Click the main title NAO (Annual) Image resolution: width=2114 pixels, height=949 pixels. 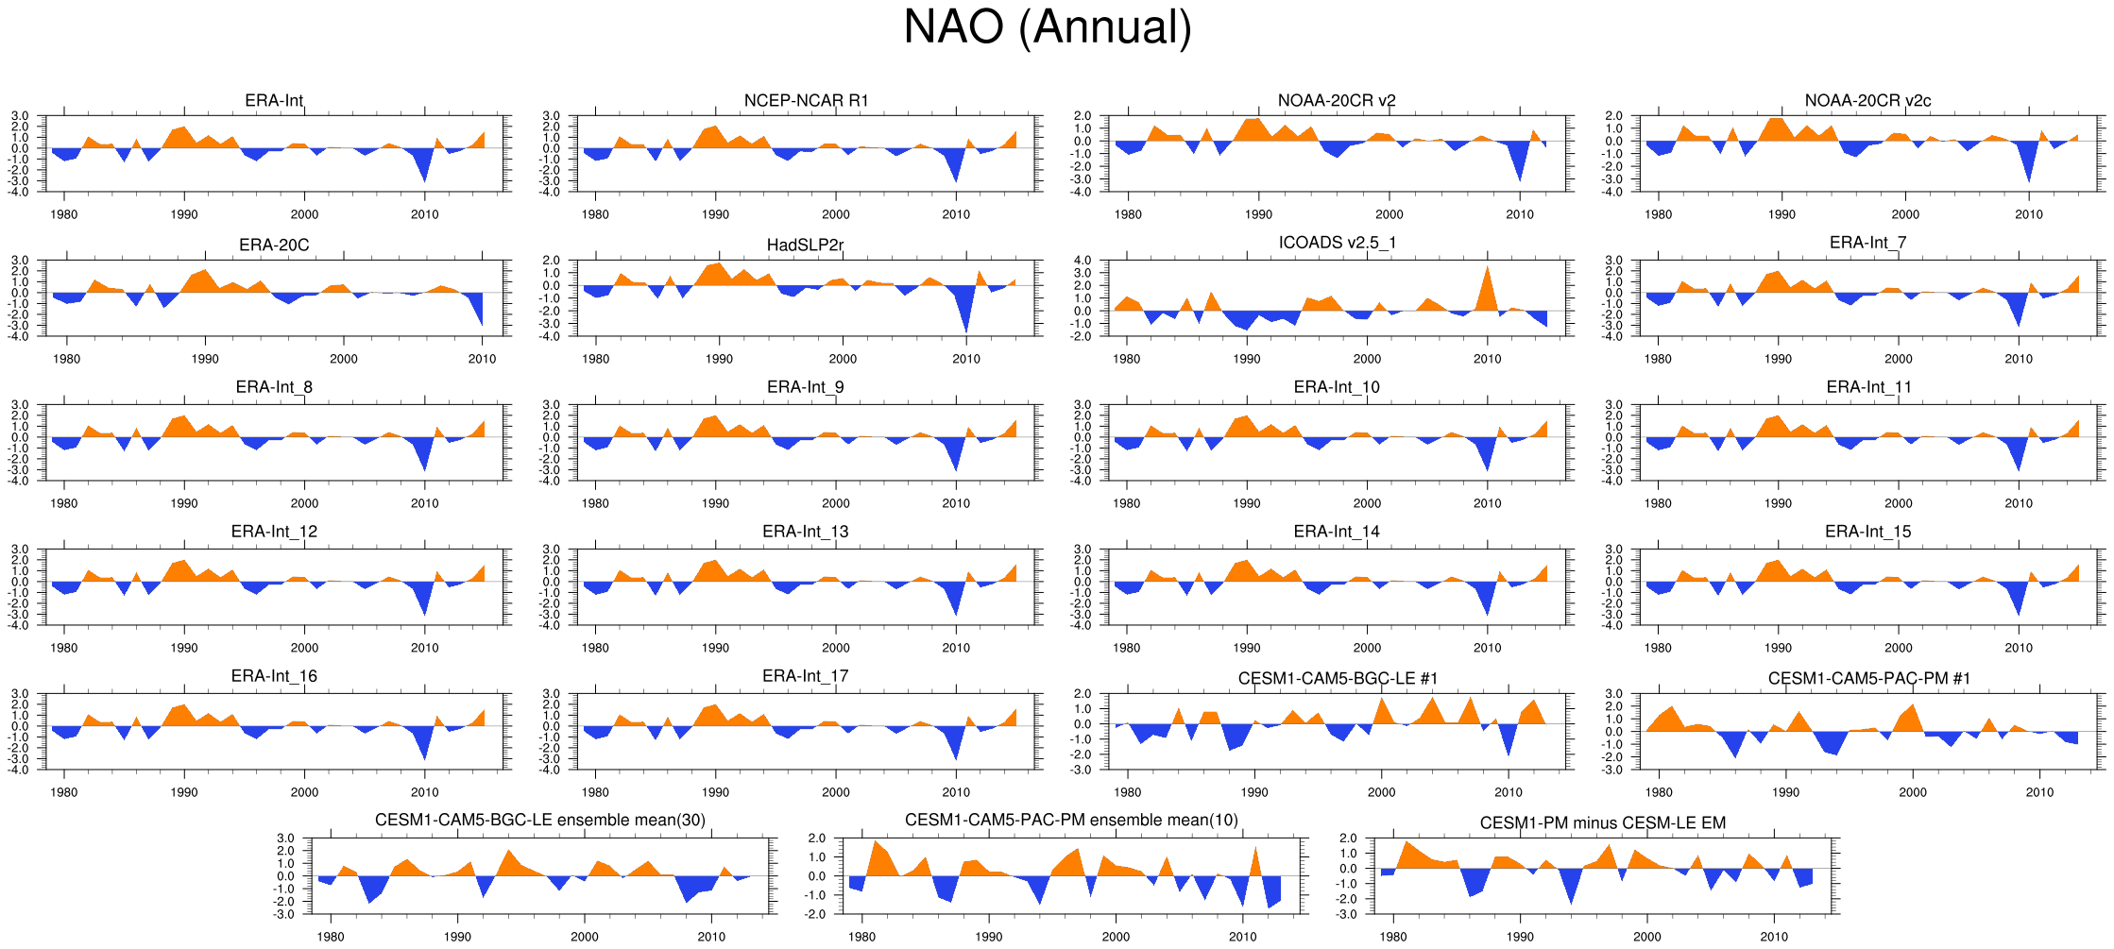coord(1048,26)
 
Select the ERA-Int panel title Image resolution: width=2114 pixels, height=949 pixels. coord(274,101)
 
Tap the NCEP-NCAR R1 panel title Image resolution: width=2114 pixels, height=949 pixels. coord(806,101)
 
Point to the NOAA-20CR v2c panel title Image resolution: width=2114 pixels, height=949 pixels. coord(1867,101)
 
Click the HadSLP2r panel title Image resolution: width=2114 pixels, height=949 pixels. coord(805,246)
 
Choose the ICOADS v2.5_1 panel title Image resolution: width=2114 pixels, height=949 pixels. coord(1337,243)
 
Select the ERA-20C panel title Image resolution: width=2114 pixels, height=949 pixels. coord(274,246)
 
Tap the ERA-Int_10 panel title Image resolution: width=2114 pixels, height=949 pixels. coord(1337,387)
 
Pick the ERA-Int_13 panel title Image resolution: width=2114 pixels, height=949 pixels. coord(806,532)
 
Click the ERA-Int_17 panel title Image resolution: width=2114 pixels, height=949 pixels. coord(806,676)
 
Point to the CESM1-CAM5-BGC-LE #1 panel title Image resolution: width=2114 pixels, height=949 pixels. coord(1338,679)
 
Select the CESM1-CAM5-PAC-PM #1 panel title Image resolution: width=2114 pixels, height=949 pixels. coord(1868,679)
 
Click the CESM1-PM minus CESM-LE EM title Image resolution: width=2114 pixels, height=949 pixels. coord(1602,823)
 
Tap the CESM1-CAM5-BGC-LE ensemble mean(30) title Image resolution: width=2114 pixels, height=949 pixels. coord(540,821)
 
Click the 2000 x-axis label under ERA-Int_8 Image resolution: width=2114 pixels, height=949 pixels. coord(304,503)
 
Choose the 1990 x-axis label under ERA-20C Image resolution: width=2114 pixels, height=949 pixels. coord(205,359)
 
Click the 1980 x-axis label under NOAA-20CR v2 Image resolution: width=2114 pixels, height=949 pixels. coord(1128,214)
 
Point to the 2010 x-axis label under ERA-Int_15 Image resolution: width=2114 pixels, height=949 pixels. coord(2019,648)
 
